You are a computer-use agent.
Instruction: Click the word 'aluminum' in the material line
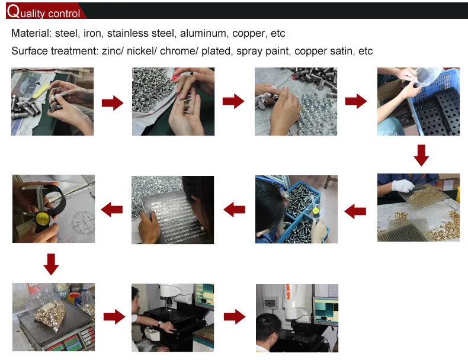coord(203,33)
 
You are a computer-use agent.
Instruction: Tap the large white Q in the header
coord(14,11)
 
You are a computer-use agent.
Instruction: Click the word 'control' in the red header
coord(64,14)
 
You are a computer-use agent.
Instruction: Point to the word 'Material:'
coord(31,33)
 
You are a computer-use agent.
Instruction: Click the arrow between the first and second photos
coord(113,103)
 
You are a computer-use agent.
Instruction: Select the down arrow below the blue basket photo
coord(421,155)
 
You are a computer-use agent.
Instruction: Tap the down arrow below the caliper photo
coord(51,264)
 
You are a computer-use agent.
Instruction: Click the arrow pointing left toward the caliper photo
coord(111,210)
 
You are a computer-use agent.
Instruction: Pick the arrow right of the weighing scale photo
coord(114,316)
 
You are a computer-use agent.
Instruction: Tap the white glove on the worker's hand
coord(403,185)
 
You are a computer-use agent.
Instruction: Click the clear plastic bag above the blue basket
coord(427,76)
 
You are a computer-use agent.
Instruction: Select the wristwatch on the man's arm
coord(160,324)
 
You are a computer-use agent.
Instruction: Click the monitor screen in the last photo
coord(326,311)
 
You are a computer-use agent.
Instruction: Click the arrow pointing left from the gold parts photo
coord(355,211)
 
